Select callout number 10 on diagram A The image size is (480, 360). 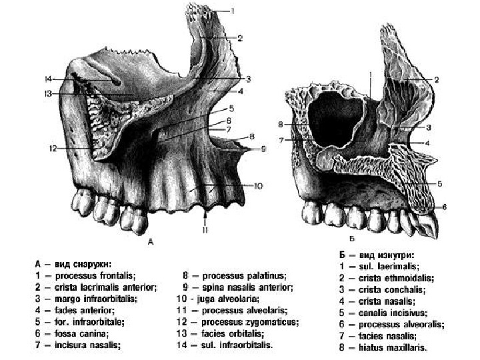pos(258,185)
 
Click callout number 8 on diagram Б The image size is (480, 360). pos(281,124)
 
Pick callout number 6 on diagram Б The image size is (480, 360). pos(445,207)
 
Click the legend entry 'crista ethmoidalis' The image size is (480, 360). pos(393,277)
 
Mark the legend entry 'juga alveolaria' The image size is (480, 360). pos(230,299)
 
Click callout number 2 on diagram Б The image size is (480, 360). pos(436,80)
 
